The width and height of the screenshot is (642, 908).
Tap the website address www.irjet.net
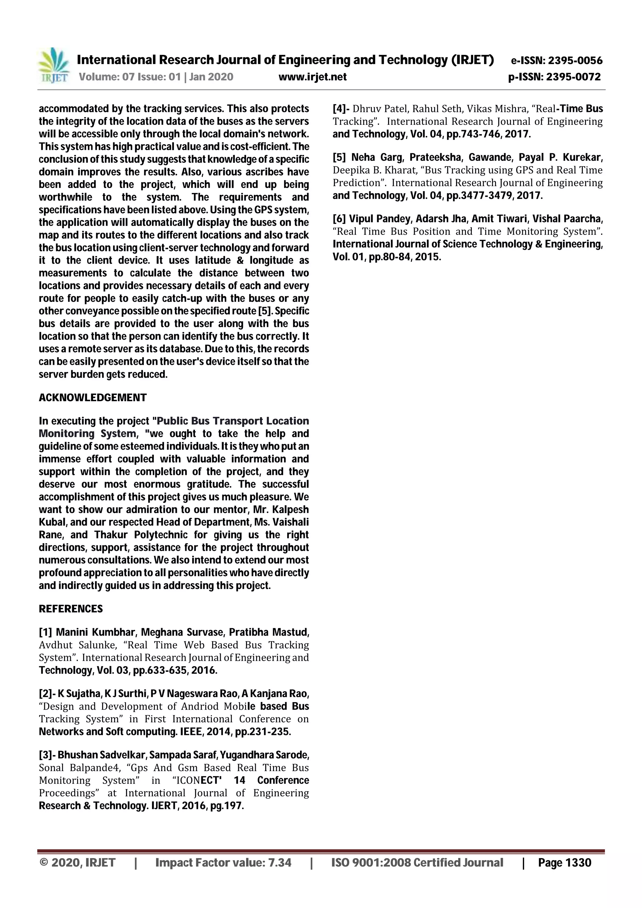tap(313, 77)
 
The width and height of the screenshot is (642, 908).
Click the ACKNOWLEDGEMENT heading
tap(92, 397)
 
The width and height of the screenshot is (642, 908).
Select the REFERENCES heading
tap(71, 609)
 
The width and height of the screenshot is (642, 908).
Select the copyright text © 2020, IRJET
tap(78, 863)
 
